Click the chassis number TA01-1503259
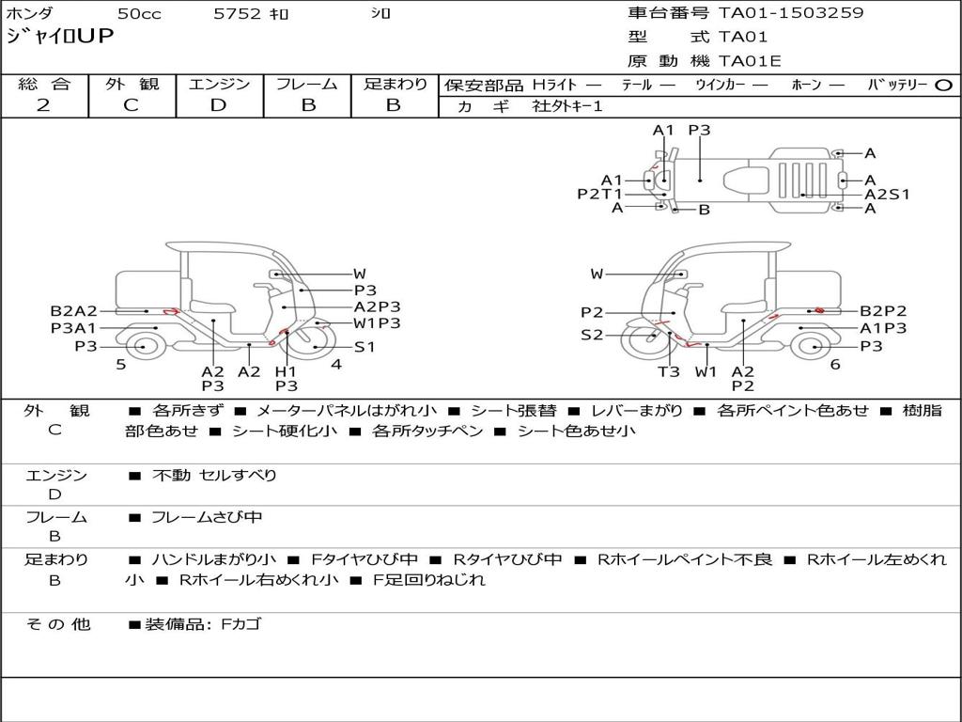[x=791, y=12]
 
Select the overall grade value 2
[x=43, y=105]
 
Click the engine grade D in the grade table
[x=218, y=105]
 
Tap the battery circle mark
[x=943, y=86]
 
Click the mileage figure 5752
[x=236, y=13]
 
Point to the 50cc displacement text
[x=139, y=13]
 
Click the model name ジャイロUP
[x=60, y=37]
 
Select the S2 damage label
[x=592, y=335]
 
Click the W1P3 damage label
[x=377, y=323]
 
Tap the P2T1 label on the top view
[x=600, y=194]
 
